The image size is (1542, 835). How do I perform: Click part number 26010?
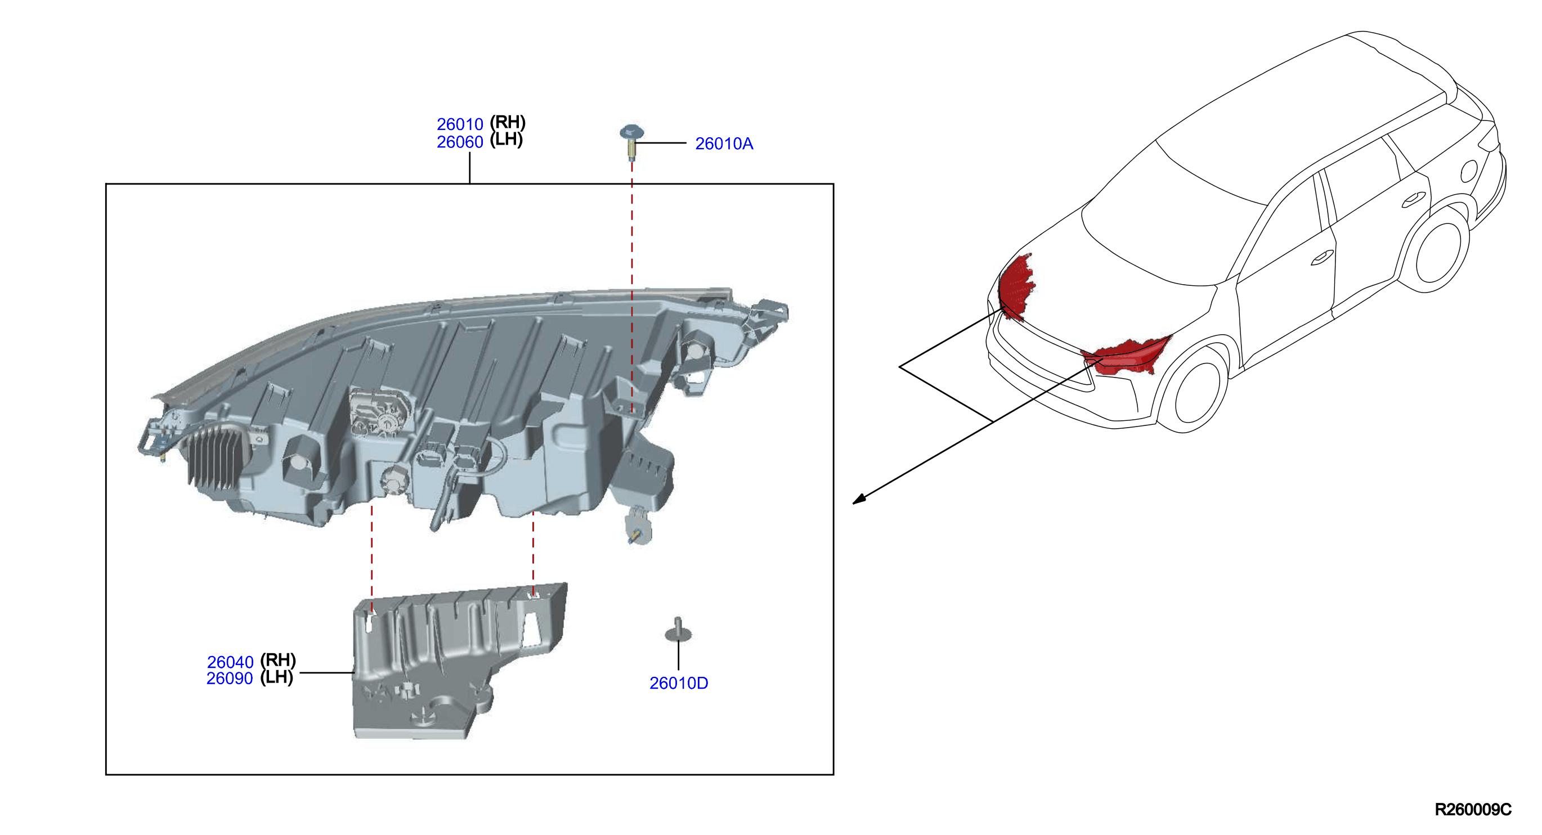coord(459,124)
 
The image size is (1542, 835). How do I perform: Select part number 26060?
coord(459,142)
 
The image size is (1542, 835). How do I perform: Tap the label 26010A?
coord(724,143)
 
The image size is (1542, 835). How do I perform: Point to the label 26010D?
coord(678,683)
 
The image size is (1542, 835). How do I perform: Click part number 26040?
coord(230,662)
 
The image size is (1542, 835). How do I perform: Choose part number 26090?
coord(230,678)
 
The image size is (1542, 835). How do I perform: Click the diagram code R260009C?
coord(1473,809)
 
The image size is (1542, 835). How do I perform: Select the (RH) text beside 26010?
coord(508,122)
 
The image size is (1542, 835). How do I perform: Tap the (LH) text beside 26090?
coord(276,677)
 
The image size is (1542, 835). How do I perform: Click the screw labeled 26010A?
coord(631,142)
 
